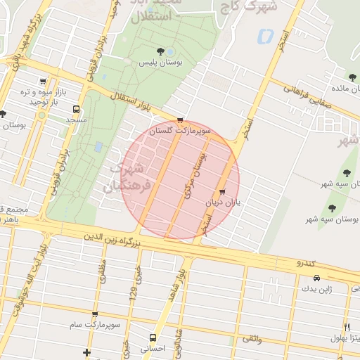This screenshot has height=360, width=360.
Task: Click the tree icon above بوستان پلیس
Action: coord(160,51)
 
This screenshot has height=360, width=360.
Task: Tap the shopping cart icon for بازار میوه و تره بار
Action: coord(44,82)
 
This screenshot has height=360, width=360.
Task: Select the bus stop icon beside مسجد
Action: coord(76,110)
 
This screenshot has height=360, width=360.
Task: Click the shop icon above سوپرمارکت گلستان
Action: coord(181,120)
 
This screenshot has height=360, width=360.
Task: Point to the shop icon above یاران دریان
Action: coord(223,191)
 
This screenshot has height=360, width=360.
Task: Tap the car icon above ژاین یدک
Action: coord(316,278)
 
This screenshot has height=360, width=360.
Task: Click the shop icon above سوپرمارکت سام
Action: coord(95,314)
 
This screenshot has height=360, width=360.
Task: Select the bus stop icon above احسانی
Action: coord(153,337)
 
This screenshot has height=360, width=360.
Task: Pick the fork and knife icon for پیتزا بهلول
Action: coord(347,327)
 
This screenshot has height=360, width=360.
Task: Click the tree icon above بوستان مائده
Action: coord(352,77)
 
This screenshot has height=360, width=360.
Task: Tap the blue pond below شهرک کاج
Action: coord(265,35)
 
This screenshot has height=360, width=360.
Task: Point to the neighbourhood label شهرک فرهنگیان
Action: coord(127,177)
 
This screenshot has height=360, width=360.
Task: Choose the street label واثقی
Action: coord(251,339)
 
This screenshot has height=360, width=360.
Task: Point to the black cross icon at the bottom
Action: coord(86,352)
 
